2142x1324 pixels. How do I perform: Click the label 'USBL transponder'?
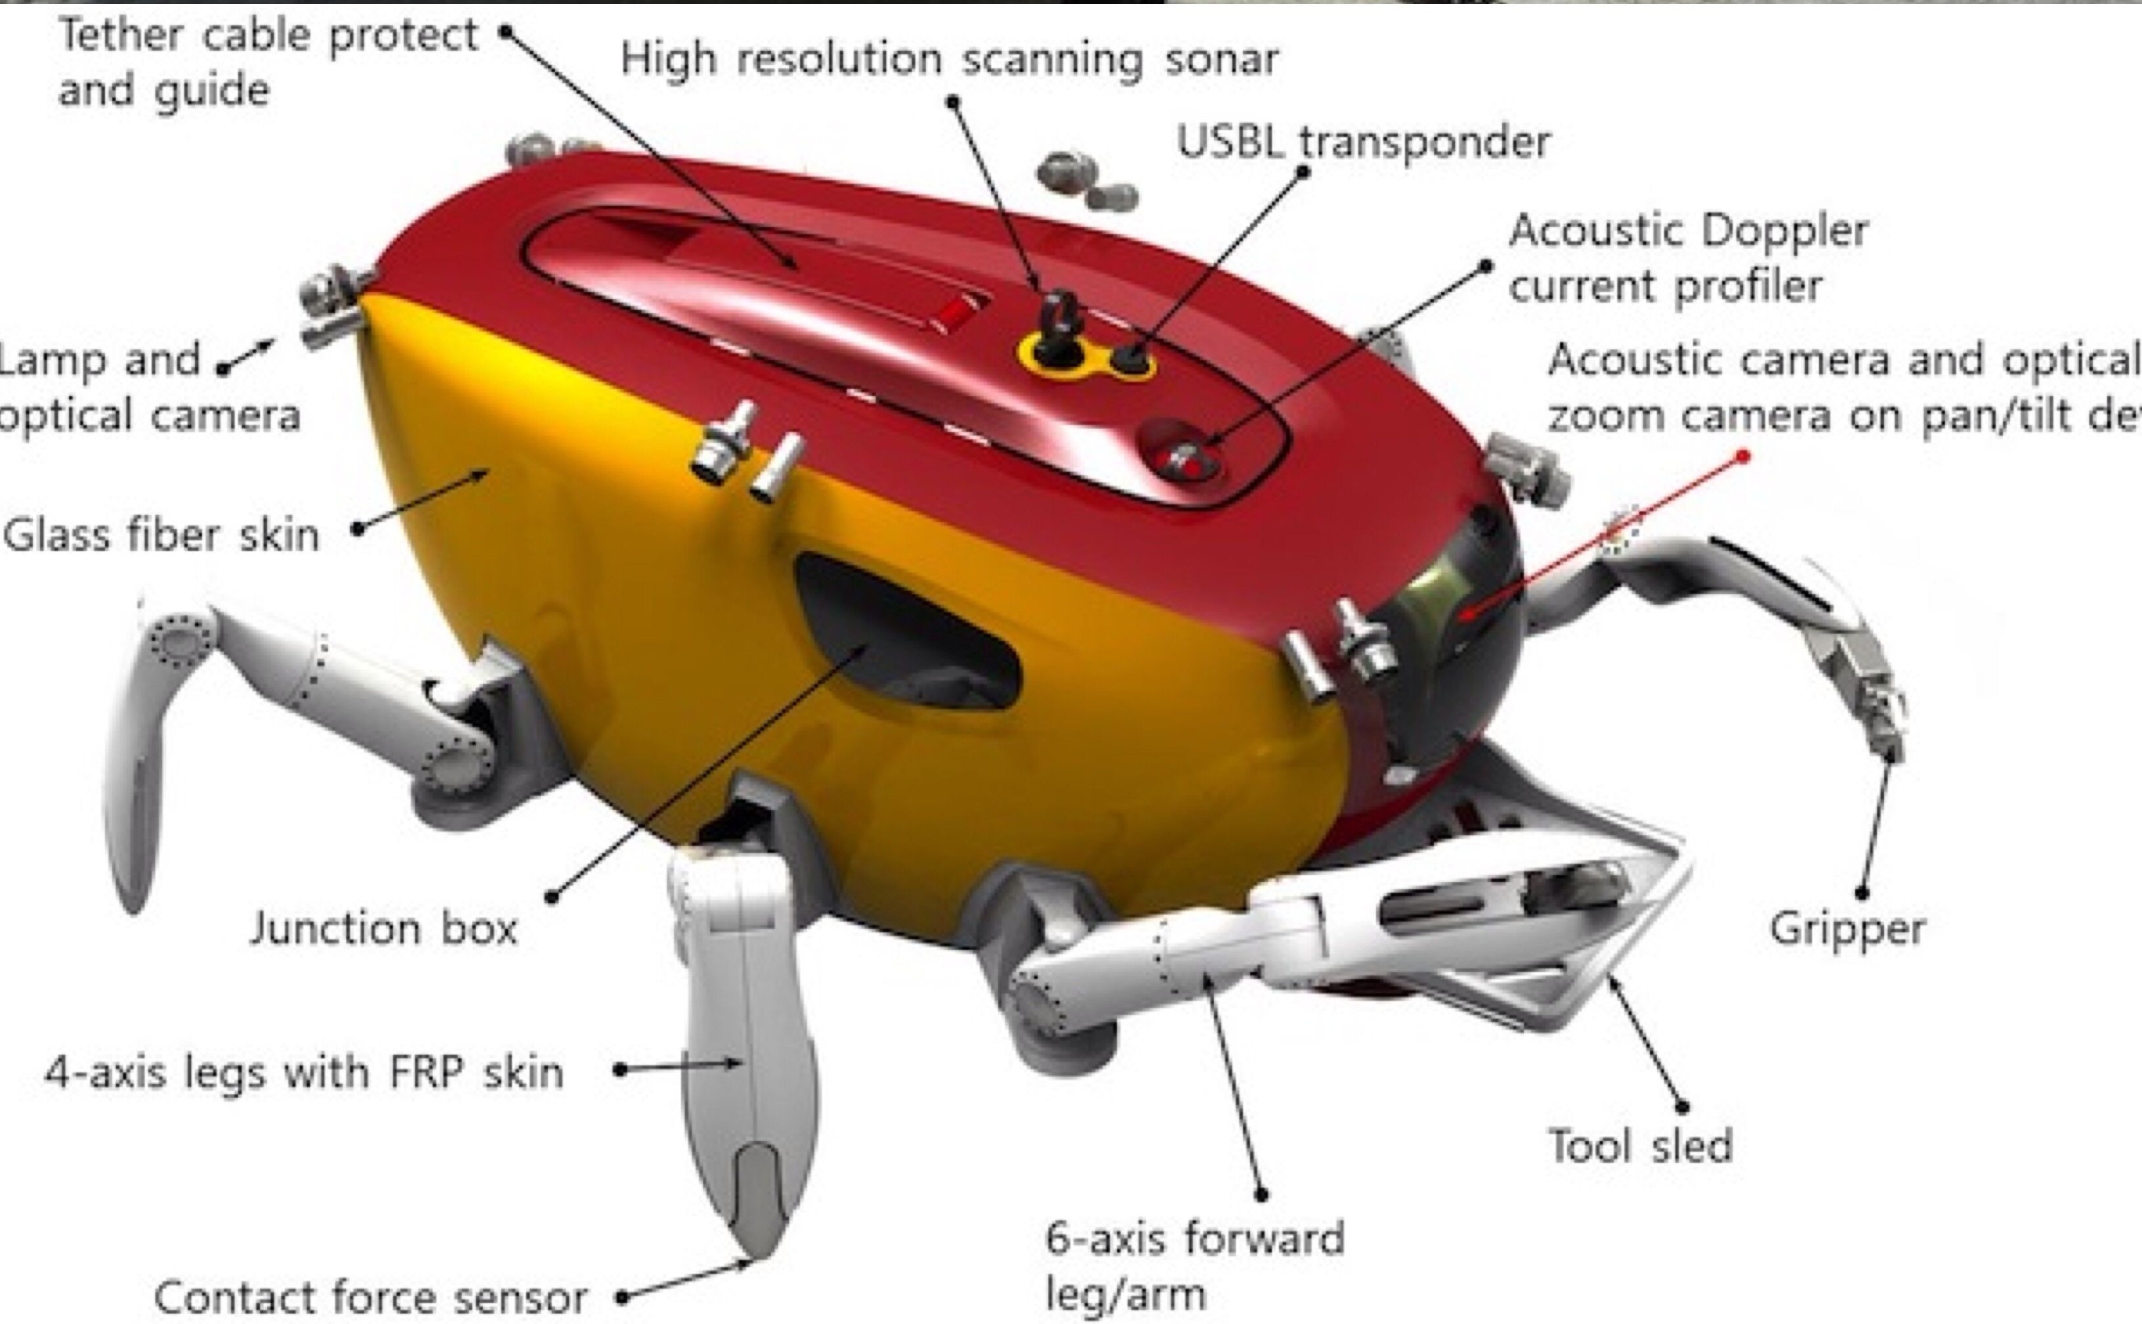tap(1362, 142)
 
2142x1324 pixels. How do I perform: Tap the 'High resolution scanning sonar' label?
tap(950, 60)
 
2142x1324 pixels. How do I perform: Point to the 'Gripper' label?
tap(1847, 928)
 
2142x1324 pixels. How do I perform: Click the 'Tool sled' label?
tap(1641, 1146)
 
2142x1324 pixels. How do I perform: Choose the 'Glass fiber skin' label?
tap(161, 535)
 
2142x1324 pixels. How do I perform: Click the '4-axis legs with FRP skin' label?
tap(303, 1072)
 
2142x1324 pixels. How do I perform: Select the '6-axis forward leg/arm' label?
tap(1194, 1266)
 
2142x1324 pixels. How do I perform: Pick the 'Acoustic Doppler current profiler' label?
tap(1687, 258)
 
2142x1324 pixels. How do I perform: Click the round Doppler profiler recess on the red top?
tap(1183, 451)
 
